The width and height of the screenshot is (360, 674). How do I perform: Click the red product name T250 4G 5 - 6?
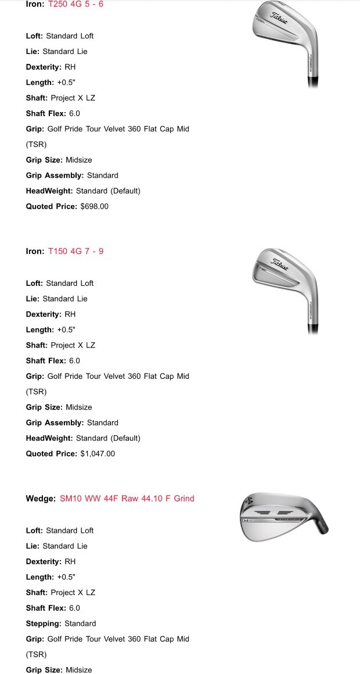75,4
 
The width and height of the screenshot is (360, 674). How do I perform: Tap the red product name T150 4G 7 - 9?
75,252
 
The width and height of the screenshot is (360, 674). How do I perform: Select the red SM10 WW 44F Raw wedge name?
127,499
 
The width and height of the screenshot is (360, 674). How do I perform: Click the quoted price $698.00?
94,206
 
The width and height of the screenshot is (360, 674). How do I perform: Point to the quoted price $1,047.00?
98,454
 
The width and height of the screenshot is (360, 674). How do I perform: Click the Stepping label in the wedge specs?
44,623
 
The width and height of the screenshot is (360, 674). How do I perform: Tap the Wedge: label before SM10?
41,499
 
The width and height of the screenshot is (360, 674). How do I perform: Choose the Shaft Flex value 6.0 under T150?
74,361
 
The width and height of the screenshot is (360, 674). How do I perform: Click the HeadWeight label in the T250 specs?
49,191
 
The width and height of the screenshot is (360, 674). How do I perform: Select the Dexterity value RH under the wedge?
70,562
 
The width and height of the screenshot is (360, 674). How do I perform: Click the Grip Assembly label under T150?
55,423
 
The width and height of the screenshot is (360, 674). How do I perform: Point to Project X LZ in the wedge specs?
73,593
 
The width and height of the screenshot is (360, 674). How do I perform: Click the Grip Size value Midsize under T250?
78,160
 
